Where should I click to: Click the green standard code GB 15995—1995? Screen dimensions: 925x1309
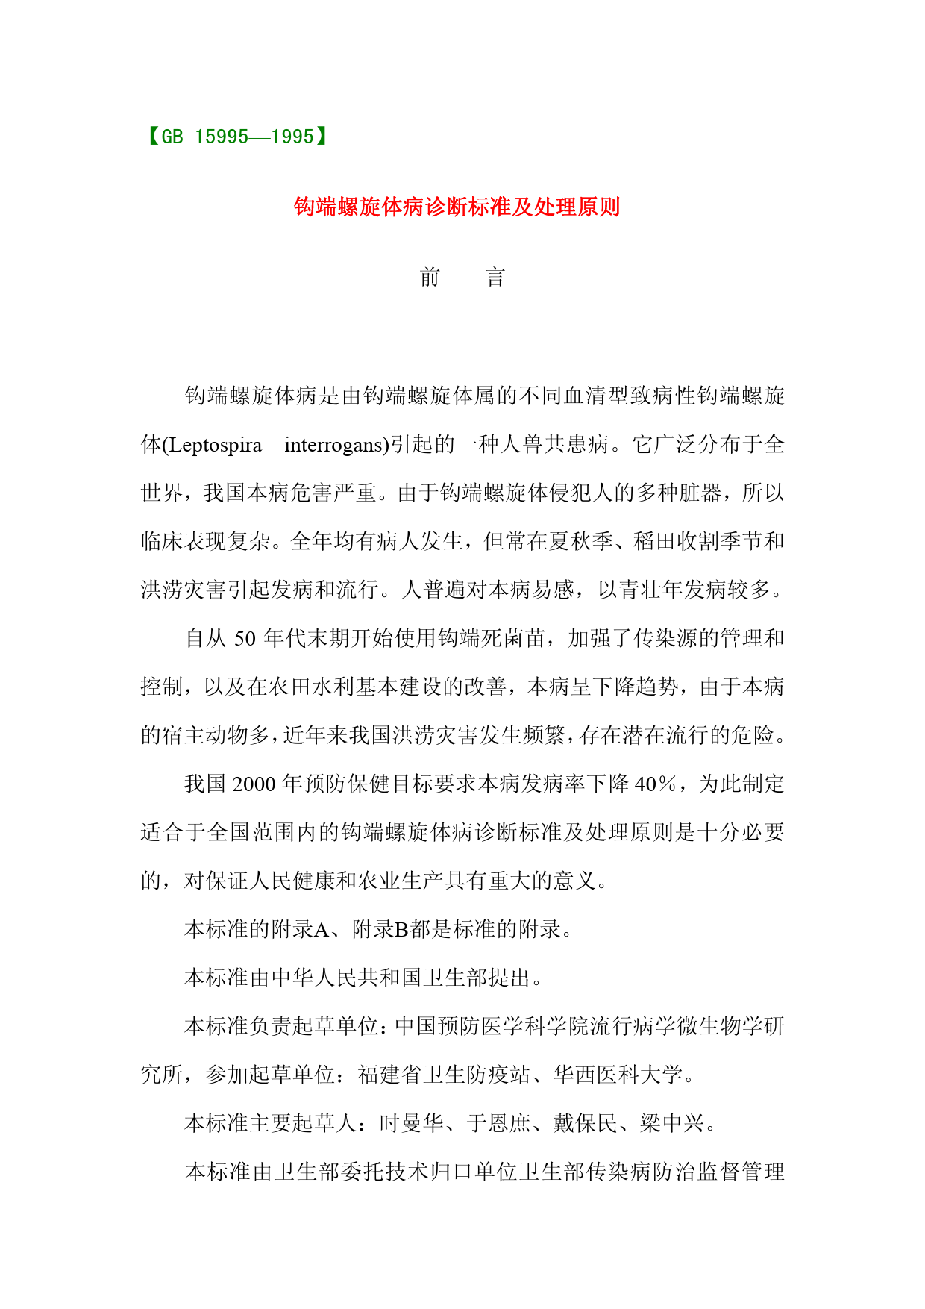[x=237, y=137]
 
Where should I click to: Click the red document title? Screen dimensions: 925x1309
[x=457, y=207]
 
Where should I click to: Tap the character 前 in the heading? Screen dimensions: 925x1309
[x=430, y=278]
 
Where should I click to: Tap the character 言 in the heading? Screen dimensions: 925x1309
[x=495, y=278]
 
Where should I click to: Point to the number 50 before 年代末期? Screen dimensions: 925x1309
[x=245, y=639]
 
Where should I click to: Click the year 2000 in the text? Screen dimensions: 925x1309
[x=254, y=784]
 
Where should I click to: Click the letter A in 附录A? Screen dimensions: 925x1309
[x=322, y=930]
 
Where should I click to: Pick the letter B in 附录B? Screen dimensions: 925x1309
[x=401, y=930]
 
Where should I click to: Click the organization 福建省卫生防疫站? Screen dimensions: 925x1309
[x=444, y=1075]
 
